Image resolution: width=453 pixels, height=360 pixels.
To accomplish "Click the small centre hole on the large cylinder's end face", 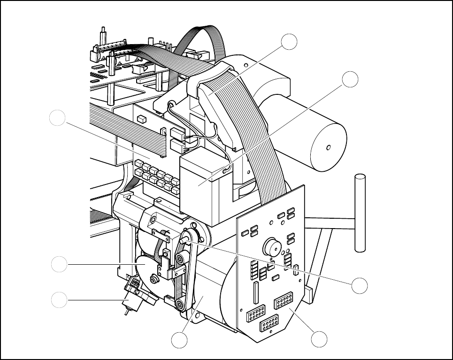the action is click(329, 147).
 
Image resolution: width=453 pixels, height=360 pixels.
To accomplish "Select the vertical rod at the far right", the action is click(360, 211).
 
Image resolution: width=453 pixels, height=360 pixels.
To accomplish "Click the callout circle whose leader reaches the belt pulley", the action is click(360, 284).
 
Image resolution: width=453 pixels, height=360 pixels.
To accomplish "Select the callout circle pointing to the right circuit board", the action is click(320, 339).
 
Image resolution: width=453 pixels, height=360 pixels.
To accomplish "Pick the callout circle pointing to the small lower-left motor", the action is click(59, 299).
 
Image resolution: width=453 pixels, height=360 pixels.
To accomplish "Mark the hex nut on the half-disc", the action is click(154, 280).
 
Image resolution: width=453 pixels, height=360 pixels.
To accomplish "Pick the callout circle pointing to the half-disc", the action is click(59, 265).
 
